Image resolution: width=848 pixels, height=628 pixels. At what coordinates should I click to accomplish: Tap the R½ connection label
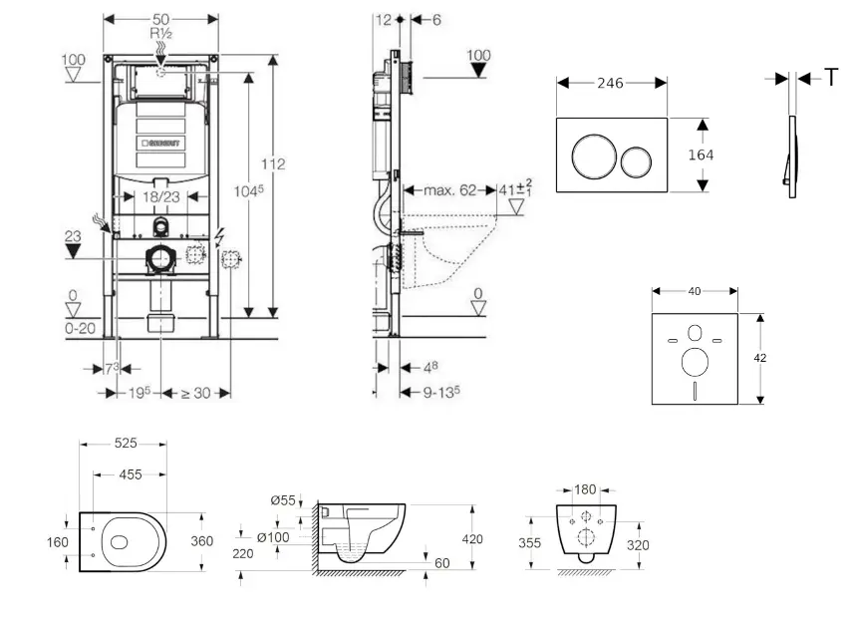(x=161, y=34)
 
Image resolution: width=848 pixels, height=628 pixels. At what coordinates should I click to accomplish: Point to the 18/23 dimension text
(x=161, y=198)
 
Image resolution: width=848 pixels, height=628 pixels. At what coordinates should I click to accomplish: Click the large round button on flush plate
(x=589, y=156)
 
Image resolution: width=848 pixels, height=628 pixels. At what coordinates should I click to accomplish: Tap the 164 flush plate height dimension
(x=701, y=155)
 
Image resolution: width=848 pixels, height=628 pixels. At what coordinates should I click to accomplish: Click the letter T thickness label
(x=831, y=78)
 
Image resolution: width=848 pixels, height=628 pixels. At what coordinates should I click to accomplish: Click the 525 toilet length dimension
(x=126, y=444)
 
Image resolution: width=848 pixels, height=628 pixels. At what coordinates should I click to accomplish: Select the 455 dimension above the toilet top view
(x=131, y=475)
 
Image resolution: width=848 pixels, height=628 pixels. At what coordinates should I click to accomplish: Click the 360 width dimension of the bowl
(x=202, y=541)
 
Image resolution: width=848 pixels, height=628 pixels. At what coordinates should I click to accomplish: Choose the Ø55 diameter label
(x=283, y=499)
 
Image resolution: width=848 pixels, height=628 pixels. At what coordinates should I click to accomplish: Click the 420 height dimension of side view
(x=471, y=539)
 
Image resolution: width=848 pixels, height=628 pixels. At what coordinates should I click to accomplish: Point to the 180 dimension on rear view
(x=586, y=489)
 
